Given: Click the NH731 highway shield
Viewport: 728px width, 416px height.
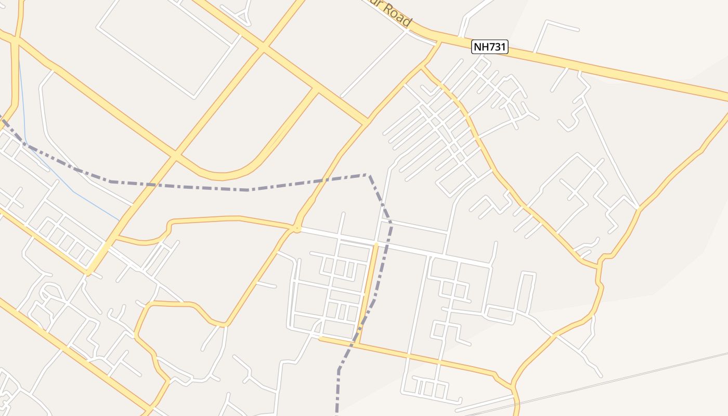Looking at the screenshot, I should (x=489, y=47).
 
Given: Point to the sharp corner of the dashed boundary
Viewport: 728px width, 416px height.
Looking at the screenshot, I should (x=369, y=175).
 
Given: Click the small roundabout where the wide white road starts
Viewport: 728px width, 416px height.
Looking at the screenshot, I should (x=297, y=228).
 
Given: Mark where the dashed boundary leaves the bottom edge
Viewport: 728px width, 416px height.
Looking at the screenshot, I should (x=337, y=413).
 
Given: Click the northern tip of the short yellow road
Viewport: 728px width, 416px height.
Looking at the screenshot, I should (x=375, y=244).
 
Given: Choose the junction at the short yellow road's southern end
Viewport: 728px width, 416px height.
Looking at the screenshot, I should (x=358, y=343).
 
